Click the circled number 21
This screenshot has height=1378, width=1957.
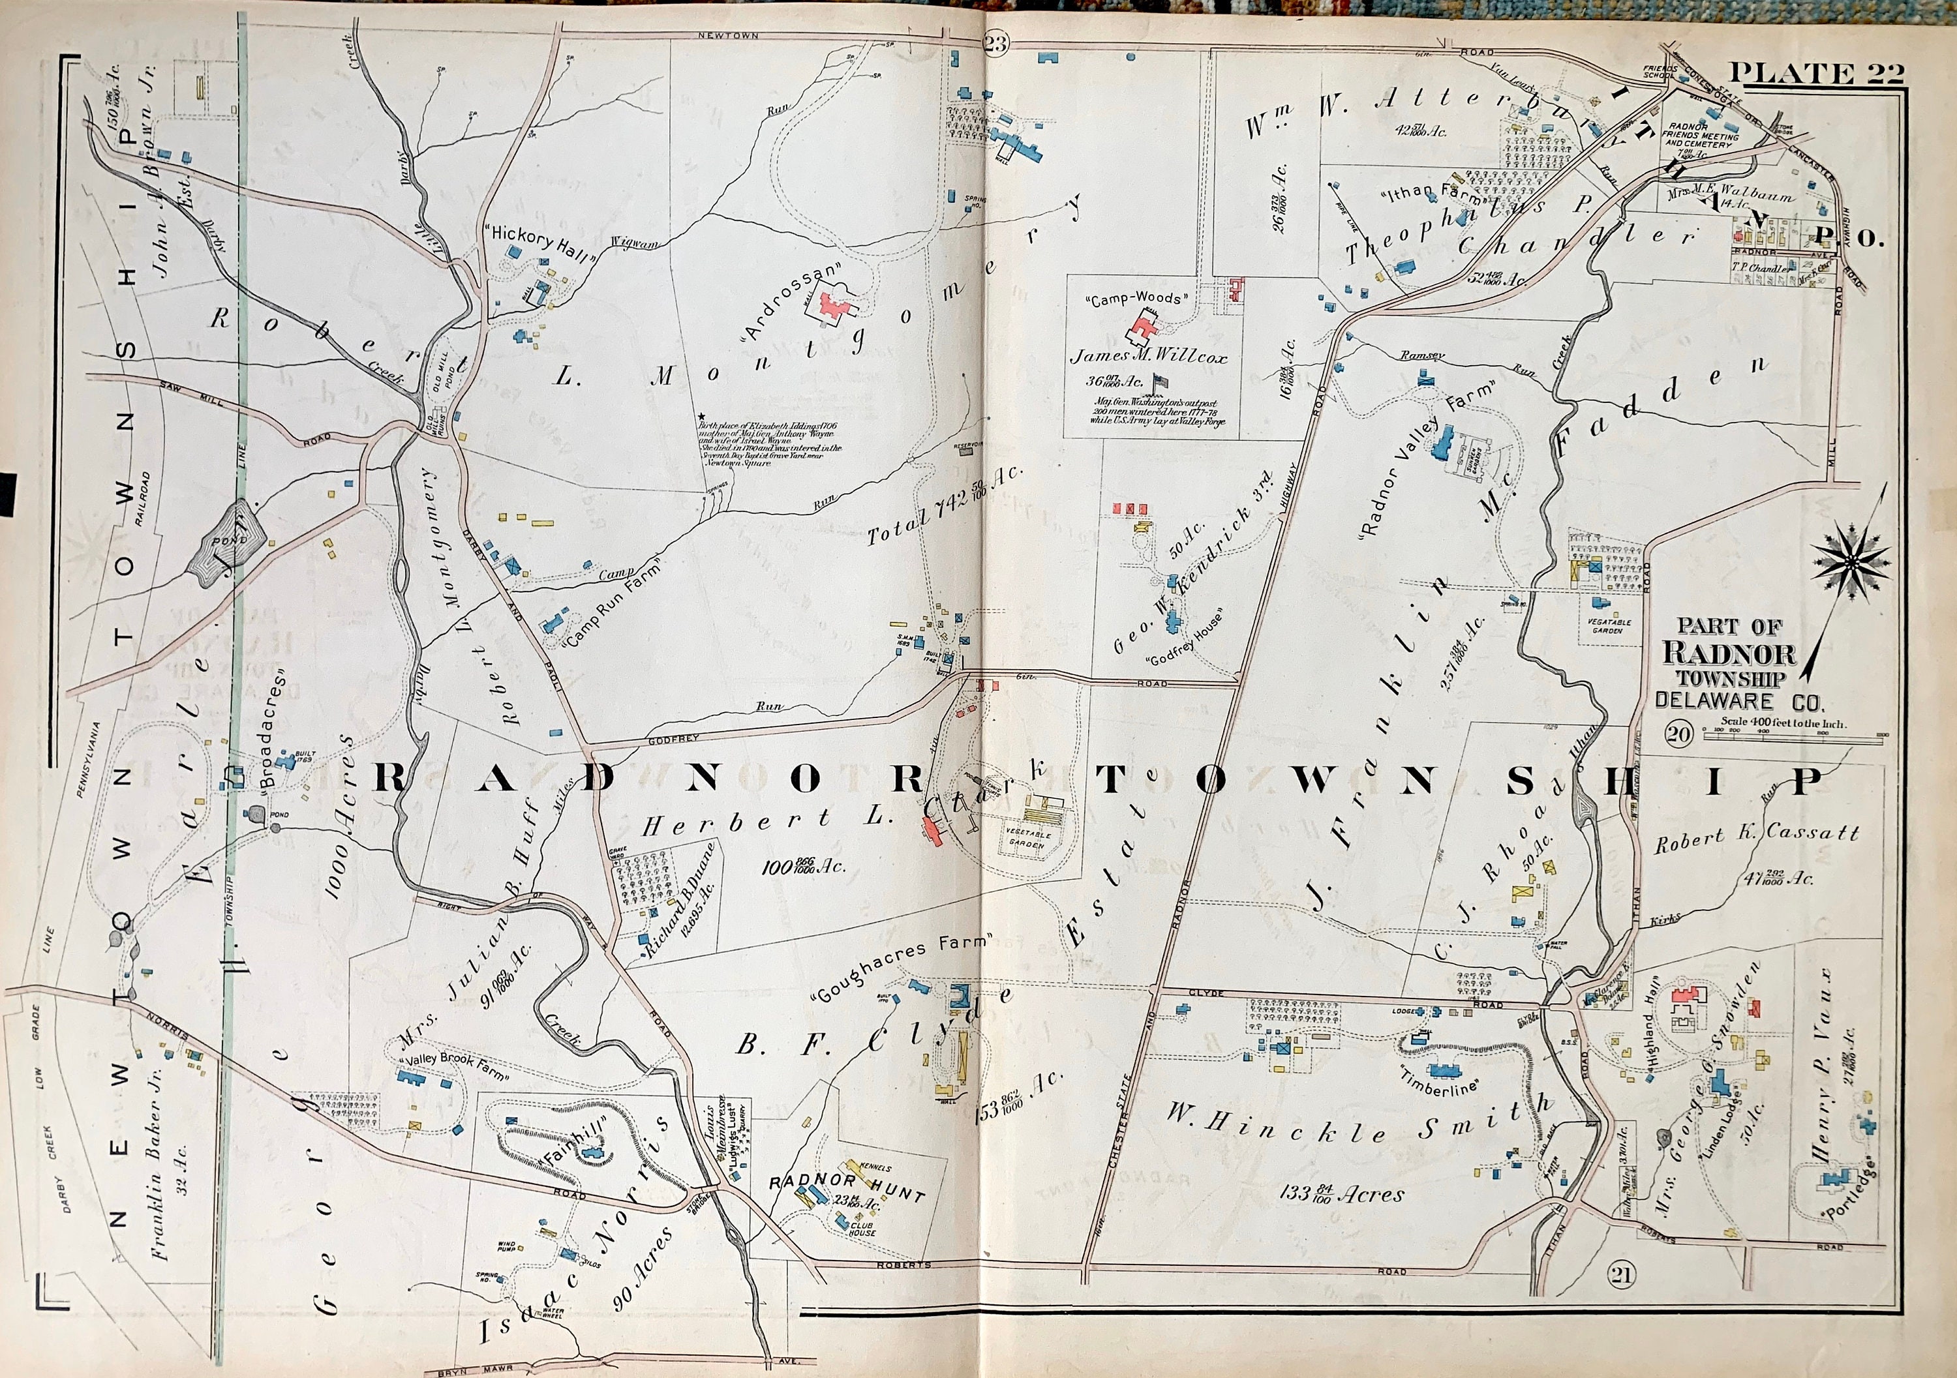(1620, 1298)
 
